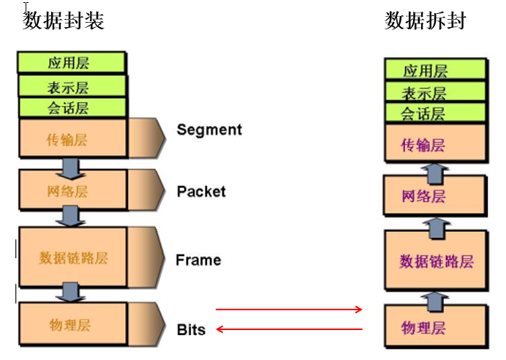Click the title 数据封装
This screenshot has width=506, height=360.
point(64,20)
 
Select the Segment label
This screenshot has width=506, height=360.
point(209,130)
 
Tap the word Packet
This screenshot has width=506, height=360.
point(201,192)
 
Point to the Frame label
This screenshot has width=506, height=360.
point(198,260)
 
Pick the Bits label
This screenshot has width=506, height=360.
point(191,329)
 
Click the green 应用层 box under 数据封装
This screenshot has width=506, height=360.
point(72,62)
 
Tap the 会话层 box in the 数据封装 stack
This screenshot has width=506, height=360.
point(72,108)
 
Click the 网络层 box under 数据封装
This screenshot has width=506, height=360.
point(72,192)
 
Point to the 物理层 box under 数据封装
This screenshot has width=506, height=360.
point(72,325)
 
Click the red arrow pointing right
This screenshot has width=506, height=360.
point(289,310)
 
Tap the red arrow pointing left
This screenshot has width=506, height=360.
point(289,329)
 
